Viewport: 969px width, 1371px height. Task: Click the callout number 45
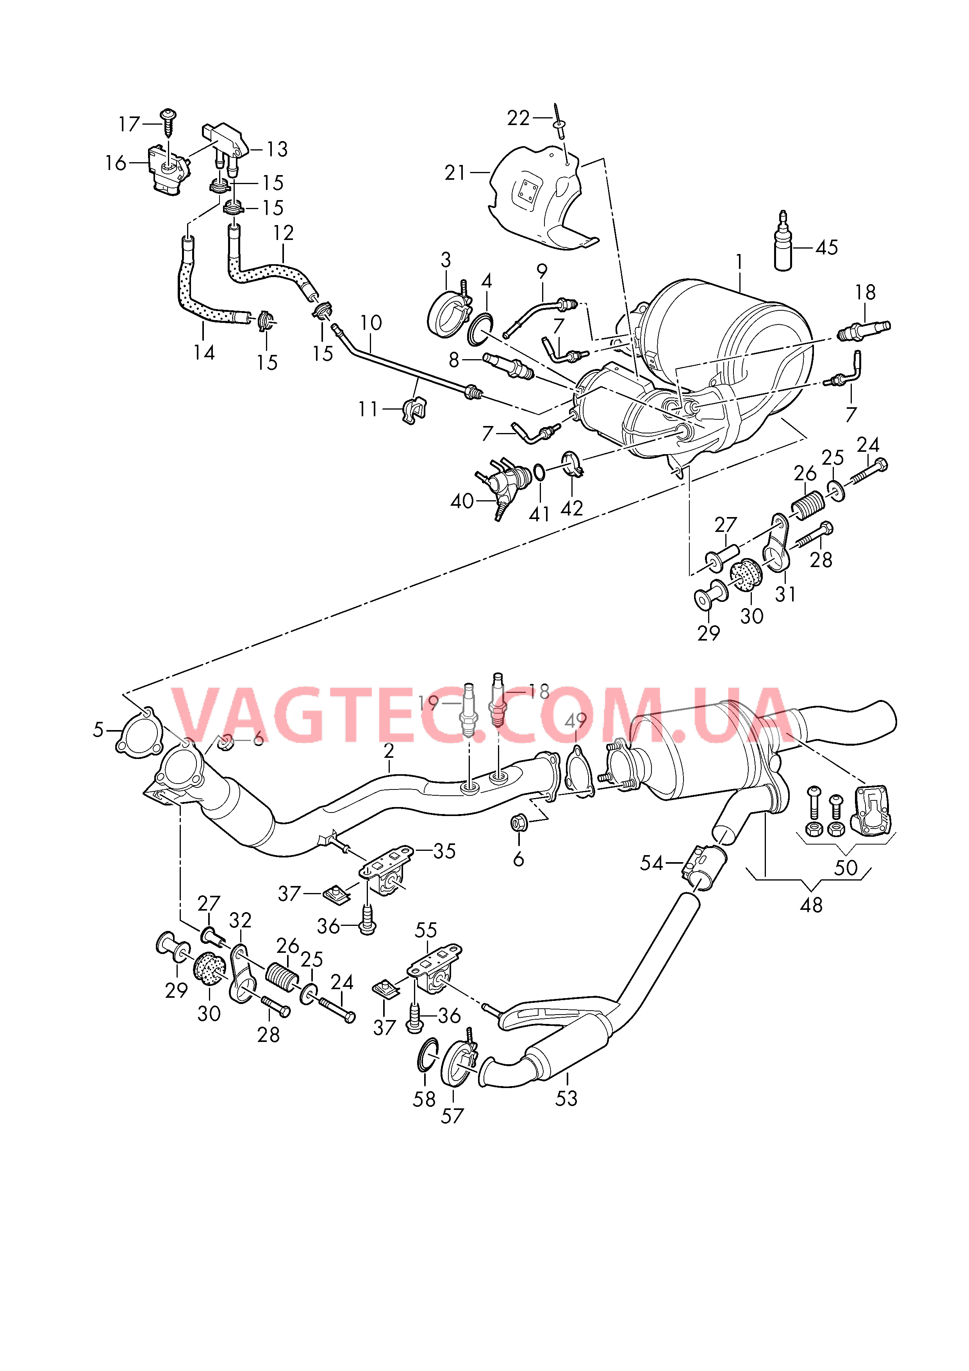coord(826,247)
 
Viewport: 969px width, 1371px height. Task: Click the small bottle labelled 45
coord(783,245)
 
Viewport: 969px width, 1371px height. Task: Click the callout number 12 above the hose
coord(284,233)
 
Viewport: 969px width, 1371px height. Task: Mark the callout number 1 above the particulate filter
coord(739,262)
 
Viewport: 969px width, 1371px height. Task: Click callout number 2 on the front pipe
coord(389,751)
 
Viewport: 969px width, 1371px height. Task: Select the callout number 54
coord(651,863)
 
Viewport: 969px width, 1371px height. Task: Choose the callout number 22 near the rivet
coord(518,118)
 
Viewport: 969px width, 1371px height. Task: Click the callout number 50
coord(846,868)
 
